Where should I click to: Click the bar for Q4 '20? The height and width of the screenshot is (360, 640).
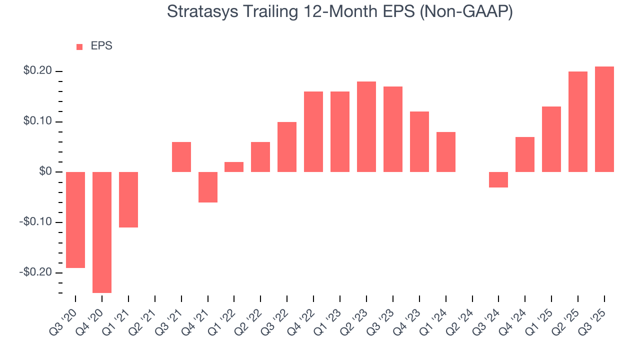tap(102, 232)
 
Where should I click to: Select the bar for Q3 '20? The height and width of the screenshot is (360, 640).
tap(75, 220)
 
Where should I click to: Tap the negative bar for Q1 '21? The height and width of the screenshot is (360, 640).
tap(128, 199)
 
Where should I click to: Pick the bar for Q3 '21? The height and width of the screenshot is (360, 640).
tap(181, 157)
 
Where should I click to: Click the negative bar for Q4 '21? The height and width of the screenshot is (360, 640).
tap(208, 187)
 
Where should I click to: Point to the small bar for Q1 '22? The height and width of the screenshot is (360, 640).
tap(234, 167)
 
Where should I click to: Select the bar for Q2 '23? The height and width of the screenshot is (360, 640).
tap(366, 127)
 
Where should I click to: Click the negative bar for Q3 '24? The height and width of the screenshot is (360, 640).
tap(498, 179)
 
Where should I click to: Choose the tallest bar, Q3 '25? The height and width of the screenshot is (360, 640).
tap(604, 119)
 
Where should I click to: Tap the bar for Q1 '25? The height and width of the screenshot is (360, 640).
tap(551, 139)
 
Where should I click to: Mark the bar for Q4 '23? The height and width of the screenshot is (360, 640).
tap(419, 142)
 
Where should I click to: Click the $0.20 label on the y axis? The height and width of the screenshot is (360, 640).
tap(37, 71)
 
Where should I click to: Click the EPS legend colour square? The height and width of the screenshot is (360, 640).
tap(79, 46)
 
